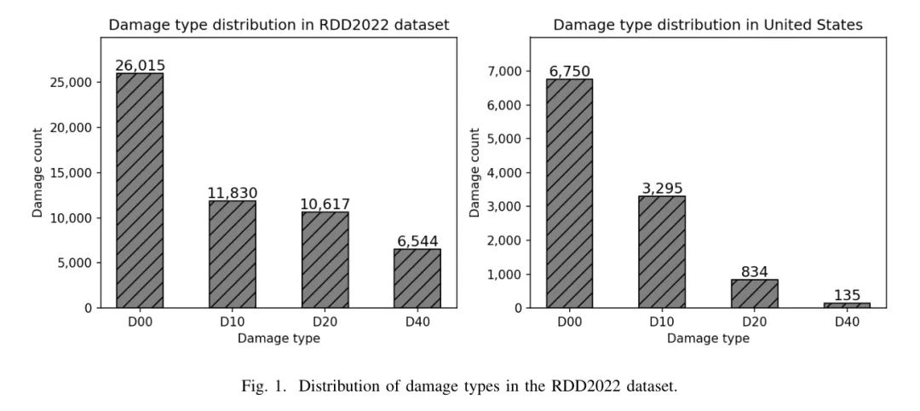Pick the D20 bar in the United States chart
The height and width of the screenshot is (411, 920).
[754, 293]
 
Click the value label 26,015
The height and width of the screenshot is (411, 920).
[140, 66]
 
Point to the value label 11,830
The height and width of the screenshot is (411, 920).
[232, 193]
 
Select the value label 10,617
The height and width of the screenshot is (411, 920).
[325, 204]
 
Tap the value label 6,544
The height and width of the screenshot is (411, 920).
[417, 241]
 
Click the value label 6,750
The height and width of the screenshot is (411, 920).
[569, 72]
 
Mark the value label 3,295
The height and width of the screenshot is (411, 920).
[662, 188]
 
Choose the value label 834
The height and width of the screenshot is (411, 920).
[754, 272]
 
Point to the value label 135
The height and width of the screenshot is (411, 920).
[847, 295]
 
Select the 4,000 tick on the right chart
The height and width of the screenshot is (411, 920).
[503, 173]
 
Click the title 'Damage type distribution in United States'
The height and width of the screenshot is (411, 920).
[708, 25]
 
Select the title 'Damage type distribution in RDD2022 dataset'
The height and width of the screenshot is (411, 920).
[279, 25]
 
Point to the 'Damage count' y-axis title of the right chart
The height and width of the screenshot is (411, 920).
[475, 172]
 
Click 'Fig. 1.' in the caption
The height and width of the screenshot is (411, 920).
[263, 386]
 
